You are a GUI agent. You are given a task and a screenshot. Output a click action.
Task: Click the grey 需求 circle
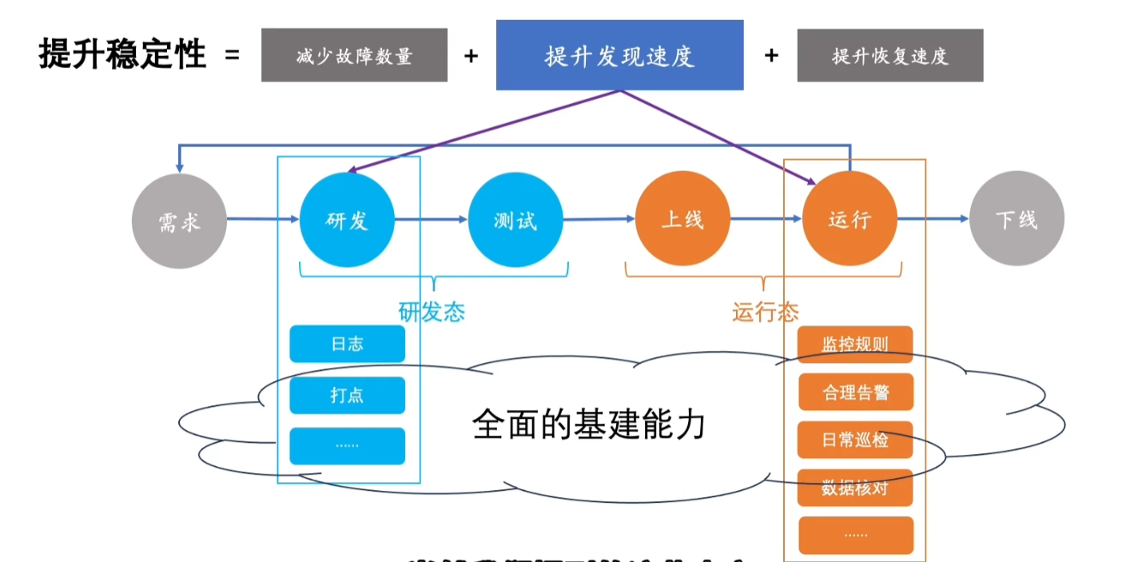[179, 220]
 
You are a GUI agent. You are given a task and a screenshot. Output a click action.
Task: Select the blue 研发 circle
[347, 220]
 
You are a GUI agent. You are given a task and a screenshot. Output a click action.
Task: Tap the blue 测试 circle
[515, 220]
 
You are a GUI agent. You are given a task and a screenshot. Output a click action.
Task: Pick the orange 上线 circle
[682, 220]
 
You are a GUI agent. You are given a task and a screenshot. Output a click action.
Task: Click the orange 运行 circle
[850, 220]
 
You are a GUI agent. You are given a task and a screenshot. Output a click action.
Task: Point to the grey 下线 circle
[1017, 220]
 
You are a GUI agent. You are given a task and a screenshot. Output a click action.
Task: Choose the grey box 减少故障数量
[354, 56]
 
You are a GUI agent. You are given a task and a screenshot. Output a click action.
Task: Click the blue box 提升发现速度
[619, 55]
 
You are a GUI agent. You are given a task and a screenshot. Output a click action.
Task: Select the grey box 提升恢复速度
[889, 56]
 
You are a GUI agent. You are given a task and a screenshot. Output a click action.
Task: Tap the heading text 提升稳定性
[122, 55]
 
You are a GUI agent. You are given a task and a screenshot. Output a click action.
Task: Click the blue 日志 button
[347, 344]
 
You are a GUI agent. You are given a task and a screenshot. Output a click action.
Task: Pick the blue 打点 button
[347, 395]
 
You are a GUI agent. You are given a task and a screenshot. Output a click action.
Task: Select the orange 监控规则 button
[855, 345]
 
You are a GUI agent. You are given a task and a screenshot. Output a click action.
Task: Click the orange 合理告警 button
[855, 393]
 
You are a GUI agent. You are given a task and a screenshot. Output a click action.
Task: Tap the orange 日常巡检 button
[855, 440]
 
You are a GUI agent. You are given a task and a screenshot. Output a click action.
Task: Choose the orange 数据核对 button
[855, 488]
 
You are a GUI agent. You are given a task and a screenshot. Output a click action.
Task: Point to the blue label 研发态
[432, 312]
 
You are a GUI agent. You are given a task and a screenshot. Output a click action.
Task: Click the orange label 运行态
[765, 312]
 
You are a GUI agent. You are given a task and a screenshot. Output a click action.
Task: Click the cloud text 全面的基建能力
[589, 424]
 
